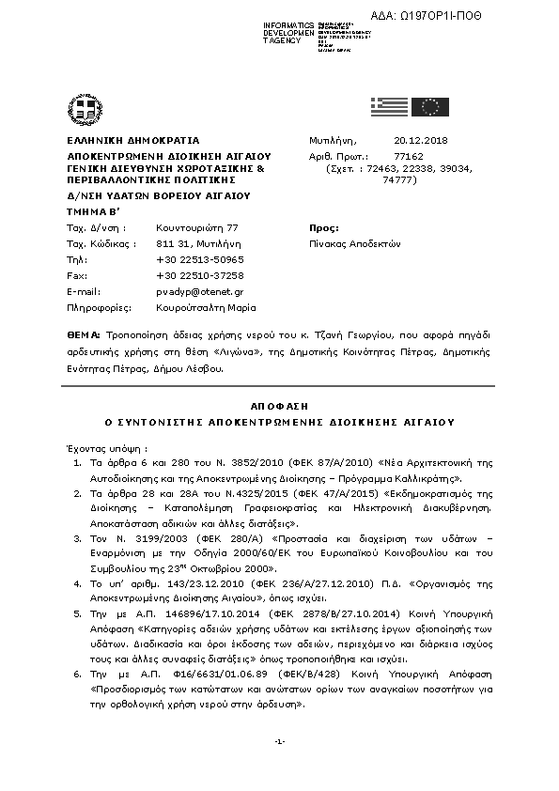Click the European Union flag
pos(430,107)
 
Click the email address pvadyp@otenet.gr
pos(193,291)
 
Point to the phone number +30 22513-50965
pos(199,259)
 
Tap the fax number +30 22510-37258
pos(199,275)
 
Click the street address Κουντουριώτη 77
pos(196,227)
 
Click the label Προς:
pos(323,227)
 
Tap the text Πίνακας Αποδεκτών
pos(354,243)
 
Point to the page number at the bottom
pos(279,742)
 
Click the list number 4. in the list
pos(77,582)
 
